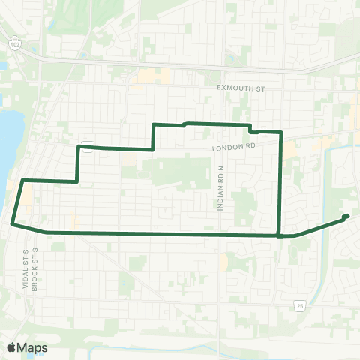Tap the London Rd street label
tap(233, 148)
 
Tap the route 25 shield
tap(299, 305)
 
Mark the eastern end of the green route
tap(346, 217)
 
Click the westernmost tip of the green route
tap(12, 223)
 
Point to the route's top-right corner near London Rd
tap(280, 133)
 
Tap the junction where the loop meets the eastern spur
tap(279, 235)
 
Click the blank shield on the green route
tap(88, 146)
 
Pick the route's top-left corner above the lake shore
tap(22, 181)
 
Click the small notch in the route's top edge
tap(251, 129)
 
